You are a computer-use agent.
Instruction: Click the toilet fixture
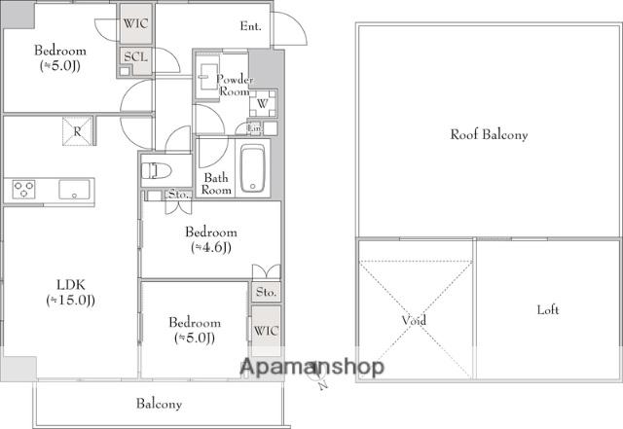pyautogui.click(x=156, y=171)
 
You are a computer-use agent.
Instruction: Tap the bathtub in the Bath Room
pyautogui.click(x=252, y=168)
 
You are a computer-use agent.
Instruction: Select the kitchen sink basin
pyautogui.click(x=74, y=190)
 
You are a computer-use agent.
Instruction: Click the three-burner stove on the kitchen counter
pyautogui.click(x=23, y=189)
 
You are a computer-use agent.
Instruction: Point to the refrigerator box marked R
pyautogui.click(x=77, y=131)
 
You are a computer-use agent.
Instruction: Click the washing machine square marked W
pyautogui.click(x=262, y=103)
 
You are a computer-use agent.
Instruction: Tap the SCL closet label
pyautogui.click(x=135, y=56)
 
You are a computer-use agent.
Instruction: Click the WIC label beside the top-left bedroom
pyautogui.click(x=135, y=23)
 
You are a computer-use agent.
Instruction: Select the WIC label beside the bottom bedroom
pyautogui.click(x=266, y=331)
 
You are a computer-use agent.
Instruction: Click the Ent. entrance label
pyautogui.click(x=251, y=26)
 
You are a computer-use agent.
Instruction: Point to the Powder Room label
pyautogui.click(x=235, y=85)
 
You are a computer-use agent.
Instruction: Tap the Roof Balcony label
pyautogui.click(x=489, y=134)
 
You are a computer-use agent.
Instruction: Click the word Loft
pyautogui.click(x=548, y=309)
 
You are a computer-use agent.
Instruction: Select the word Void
pyautogui.click(x=414, y=320)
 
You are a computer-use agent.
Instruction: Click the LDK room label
pyautogui.click(x=71, y=284)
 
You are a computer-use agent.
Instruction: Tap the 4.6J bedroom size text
pyautogui.click(x=211, y=247)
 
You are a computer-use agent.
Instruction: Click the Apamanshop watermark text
pyautogui.click(x=312, y=367)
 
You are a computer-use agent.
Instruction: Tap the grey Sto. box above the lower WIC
pyautogui.click(x=266, y=293)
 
